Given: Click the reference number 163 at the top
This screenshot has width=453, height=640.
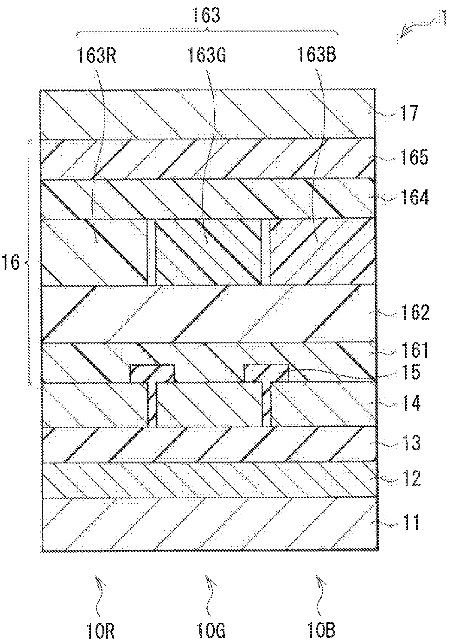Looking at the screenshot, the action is click(206, 15).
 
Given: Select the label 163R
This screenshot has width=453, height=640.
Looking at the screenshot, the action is click(96, 56).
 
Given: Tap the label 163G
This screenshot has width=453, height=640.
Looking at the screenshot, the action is click(207, 56).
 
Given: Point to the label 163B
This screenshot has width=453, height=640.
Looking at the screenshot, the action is click(317, 55).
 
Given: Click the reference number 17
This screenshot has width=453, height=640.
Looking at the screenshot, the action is click(409, 113).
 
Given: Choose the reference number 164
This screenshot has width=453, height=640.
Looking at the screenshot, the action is click(415, 197).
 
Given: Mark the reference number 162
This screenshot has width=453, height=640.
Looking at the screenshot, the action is click(415, 312).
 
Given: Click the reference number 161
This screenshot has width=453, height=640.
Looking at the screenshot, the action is click(415, 350).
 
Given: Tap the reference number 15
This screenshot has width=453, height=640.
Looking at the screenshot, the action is click(410, 372).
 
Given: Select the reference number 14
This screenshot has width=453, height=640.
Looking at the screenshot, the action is click(410, 403).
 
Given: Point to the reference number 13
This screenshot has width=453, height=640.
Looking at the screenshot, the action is click(410, 443).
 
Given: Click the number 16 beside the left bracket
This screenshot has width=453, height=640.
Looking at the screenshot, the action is click(11, 262).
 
